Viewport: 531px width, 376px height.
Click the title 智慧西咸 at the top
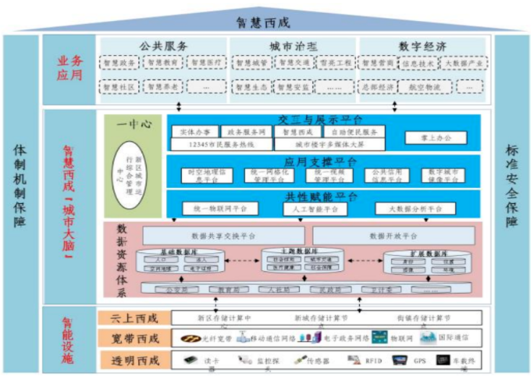[265, 20]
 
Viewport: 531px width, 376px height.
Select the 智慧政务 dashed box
[120, 64]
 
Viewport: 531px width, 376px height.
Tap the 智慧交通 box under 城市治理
[294, 64]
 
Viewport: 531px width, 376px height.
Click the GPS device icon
[399, 359]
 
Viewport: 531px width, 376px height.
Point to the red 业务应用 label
[70, 69]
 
